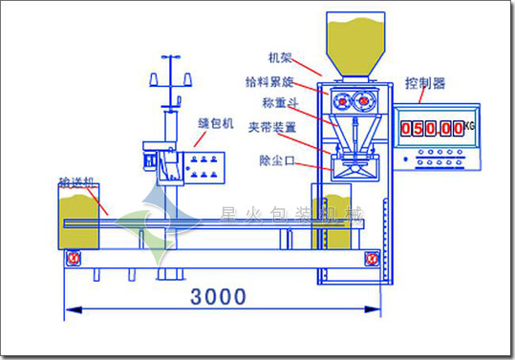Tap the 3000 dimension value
[219, 297]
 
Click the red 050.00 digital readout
[433, 127]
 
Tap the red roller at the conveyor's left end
[74, 257]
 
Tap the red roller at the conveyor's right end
[371, 257]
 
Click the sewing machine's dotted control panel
[204, 163]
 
